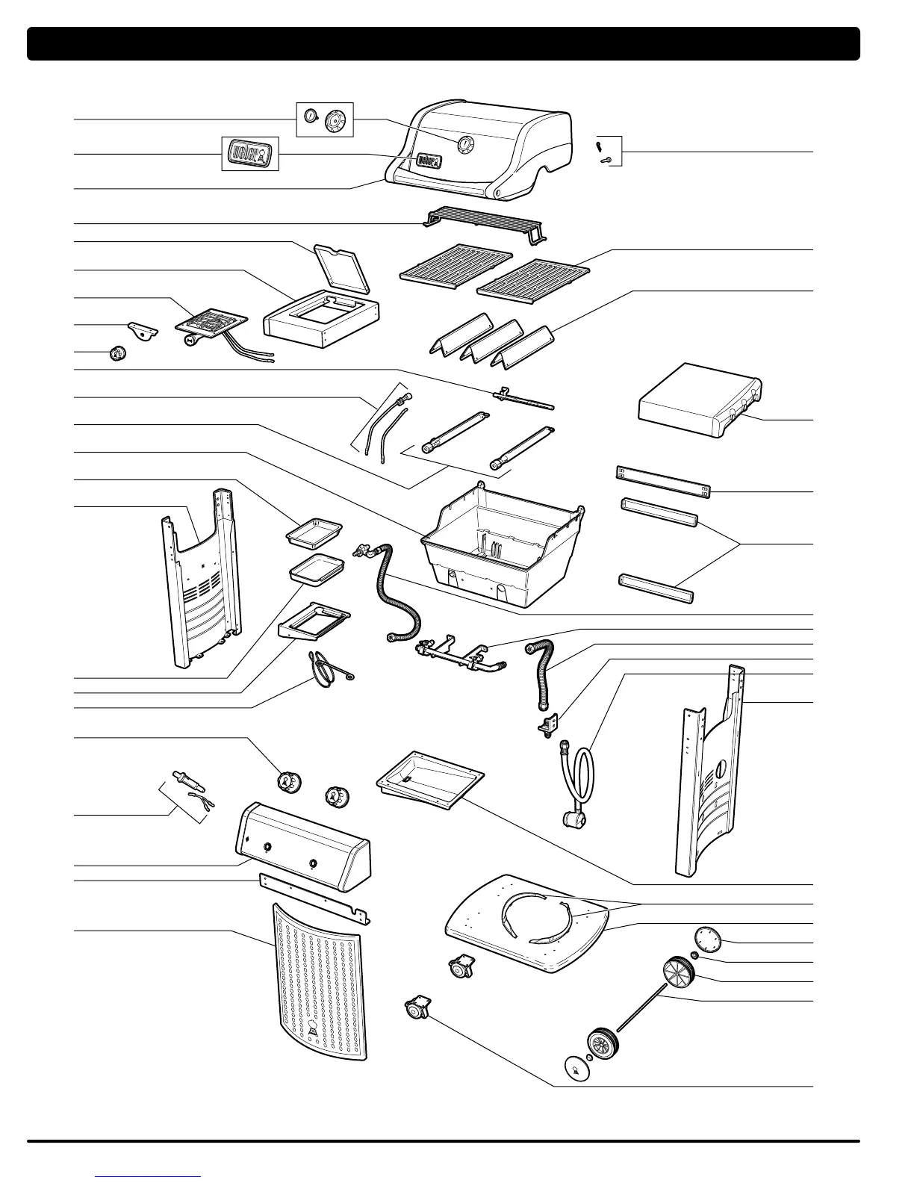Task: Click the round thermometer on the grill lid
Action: (464, 145)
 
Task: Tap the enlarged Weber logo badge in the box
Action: (250, 153)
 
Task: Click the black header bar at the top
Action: (444, 43)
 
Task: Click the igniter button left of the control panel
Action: (184, 778)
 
